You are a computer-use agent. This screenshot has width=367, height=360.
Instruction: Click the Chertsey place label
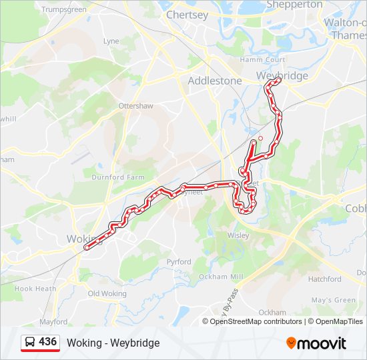click(x=187, y=14)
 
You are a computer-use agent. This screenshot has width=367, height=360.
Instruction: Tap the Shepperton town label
click(x=294, y=5)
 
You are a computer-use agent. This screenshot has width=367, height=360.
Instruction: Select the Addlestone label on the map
click(x=215, y=80)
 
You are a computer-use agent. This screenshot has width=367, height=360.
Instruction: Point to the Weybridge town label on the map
click(x=282, y=75)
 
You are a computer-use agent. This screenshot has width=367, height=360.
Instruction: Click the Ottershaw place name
click(x=135, y=106)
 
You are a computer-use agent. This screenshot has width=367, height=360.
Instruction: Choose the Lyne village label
click(x=111, y=41)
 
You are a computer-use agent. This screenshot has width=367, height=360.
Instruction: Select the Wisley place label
click(x=238, y=235)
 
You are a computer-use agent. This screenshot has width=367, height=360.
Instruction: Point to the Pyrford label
click(x=179, y=262)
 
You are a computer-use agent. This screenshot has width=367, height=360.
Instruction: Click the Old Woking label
click(x=107, y=293)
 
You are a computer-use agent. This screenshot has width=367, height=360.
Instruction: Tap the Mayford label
click(x=53, y=322)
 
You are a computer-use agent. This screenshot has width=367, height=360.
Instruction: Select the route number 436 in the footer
click(x=47, y=342)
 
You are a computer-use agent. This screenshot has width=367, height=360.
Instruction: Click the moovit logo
click(x=316, y=343)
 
